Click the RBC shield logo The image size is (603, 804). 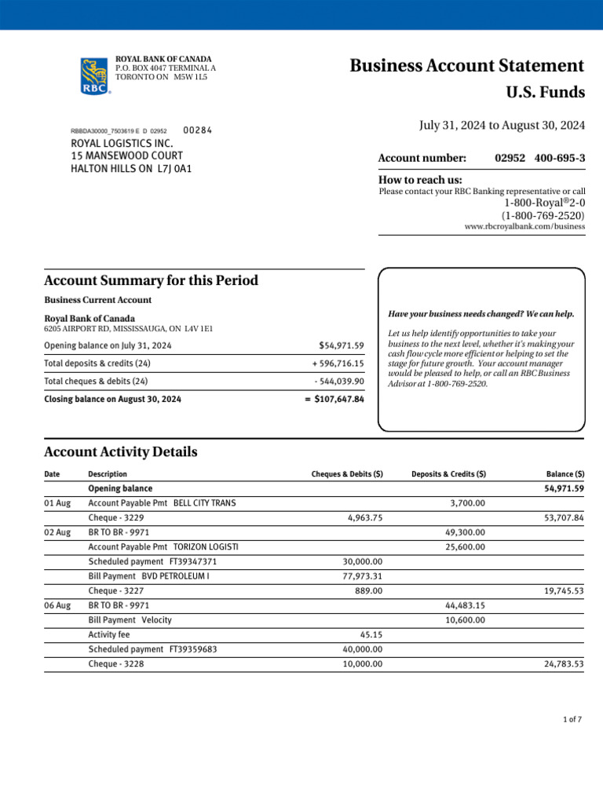95,75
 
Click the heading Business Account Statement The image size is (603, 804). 466,66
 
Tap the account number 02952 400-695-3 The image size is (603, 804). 539,159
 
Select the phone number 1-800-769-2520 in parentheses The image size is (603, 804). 543,215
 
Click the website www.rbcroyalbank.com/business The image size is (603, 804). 524,226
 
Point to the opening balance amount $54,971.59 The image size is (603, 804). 342,345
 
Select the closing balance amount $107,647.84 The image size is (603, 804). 334,399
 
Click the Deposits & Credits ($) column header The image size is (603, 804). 448,474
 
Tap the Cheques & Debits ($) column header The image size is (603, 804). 347,474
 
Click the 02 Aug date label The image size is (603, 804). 57,532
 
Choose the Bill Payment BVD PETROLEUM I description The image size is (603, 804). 148,576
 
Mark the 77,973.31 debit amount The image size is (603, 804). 363,576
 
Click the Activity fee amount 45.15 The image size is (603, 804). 371,634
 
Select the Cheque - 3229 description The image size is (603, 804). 115,518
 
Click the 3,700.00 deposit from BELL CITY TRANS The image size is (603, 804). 467,503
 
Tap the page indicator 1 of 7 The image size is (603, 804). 572,720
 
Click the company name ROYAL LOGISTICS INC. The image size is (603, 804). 121,144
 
